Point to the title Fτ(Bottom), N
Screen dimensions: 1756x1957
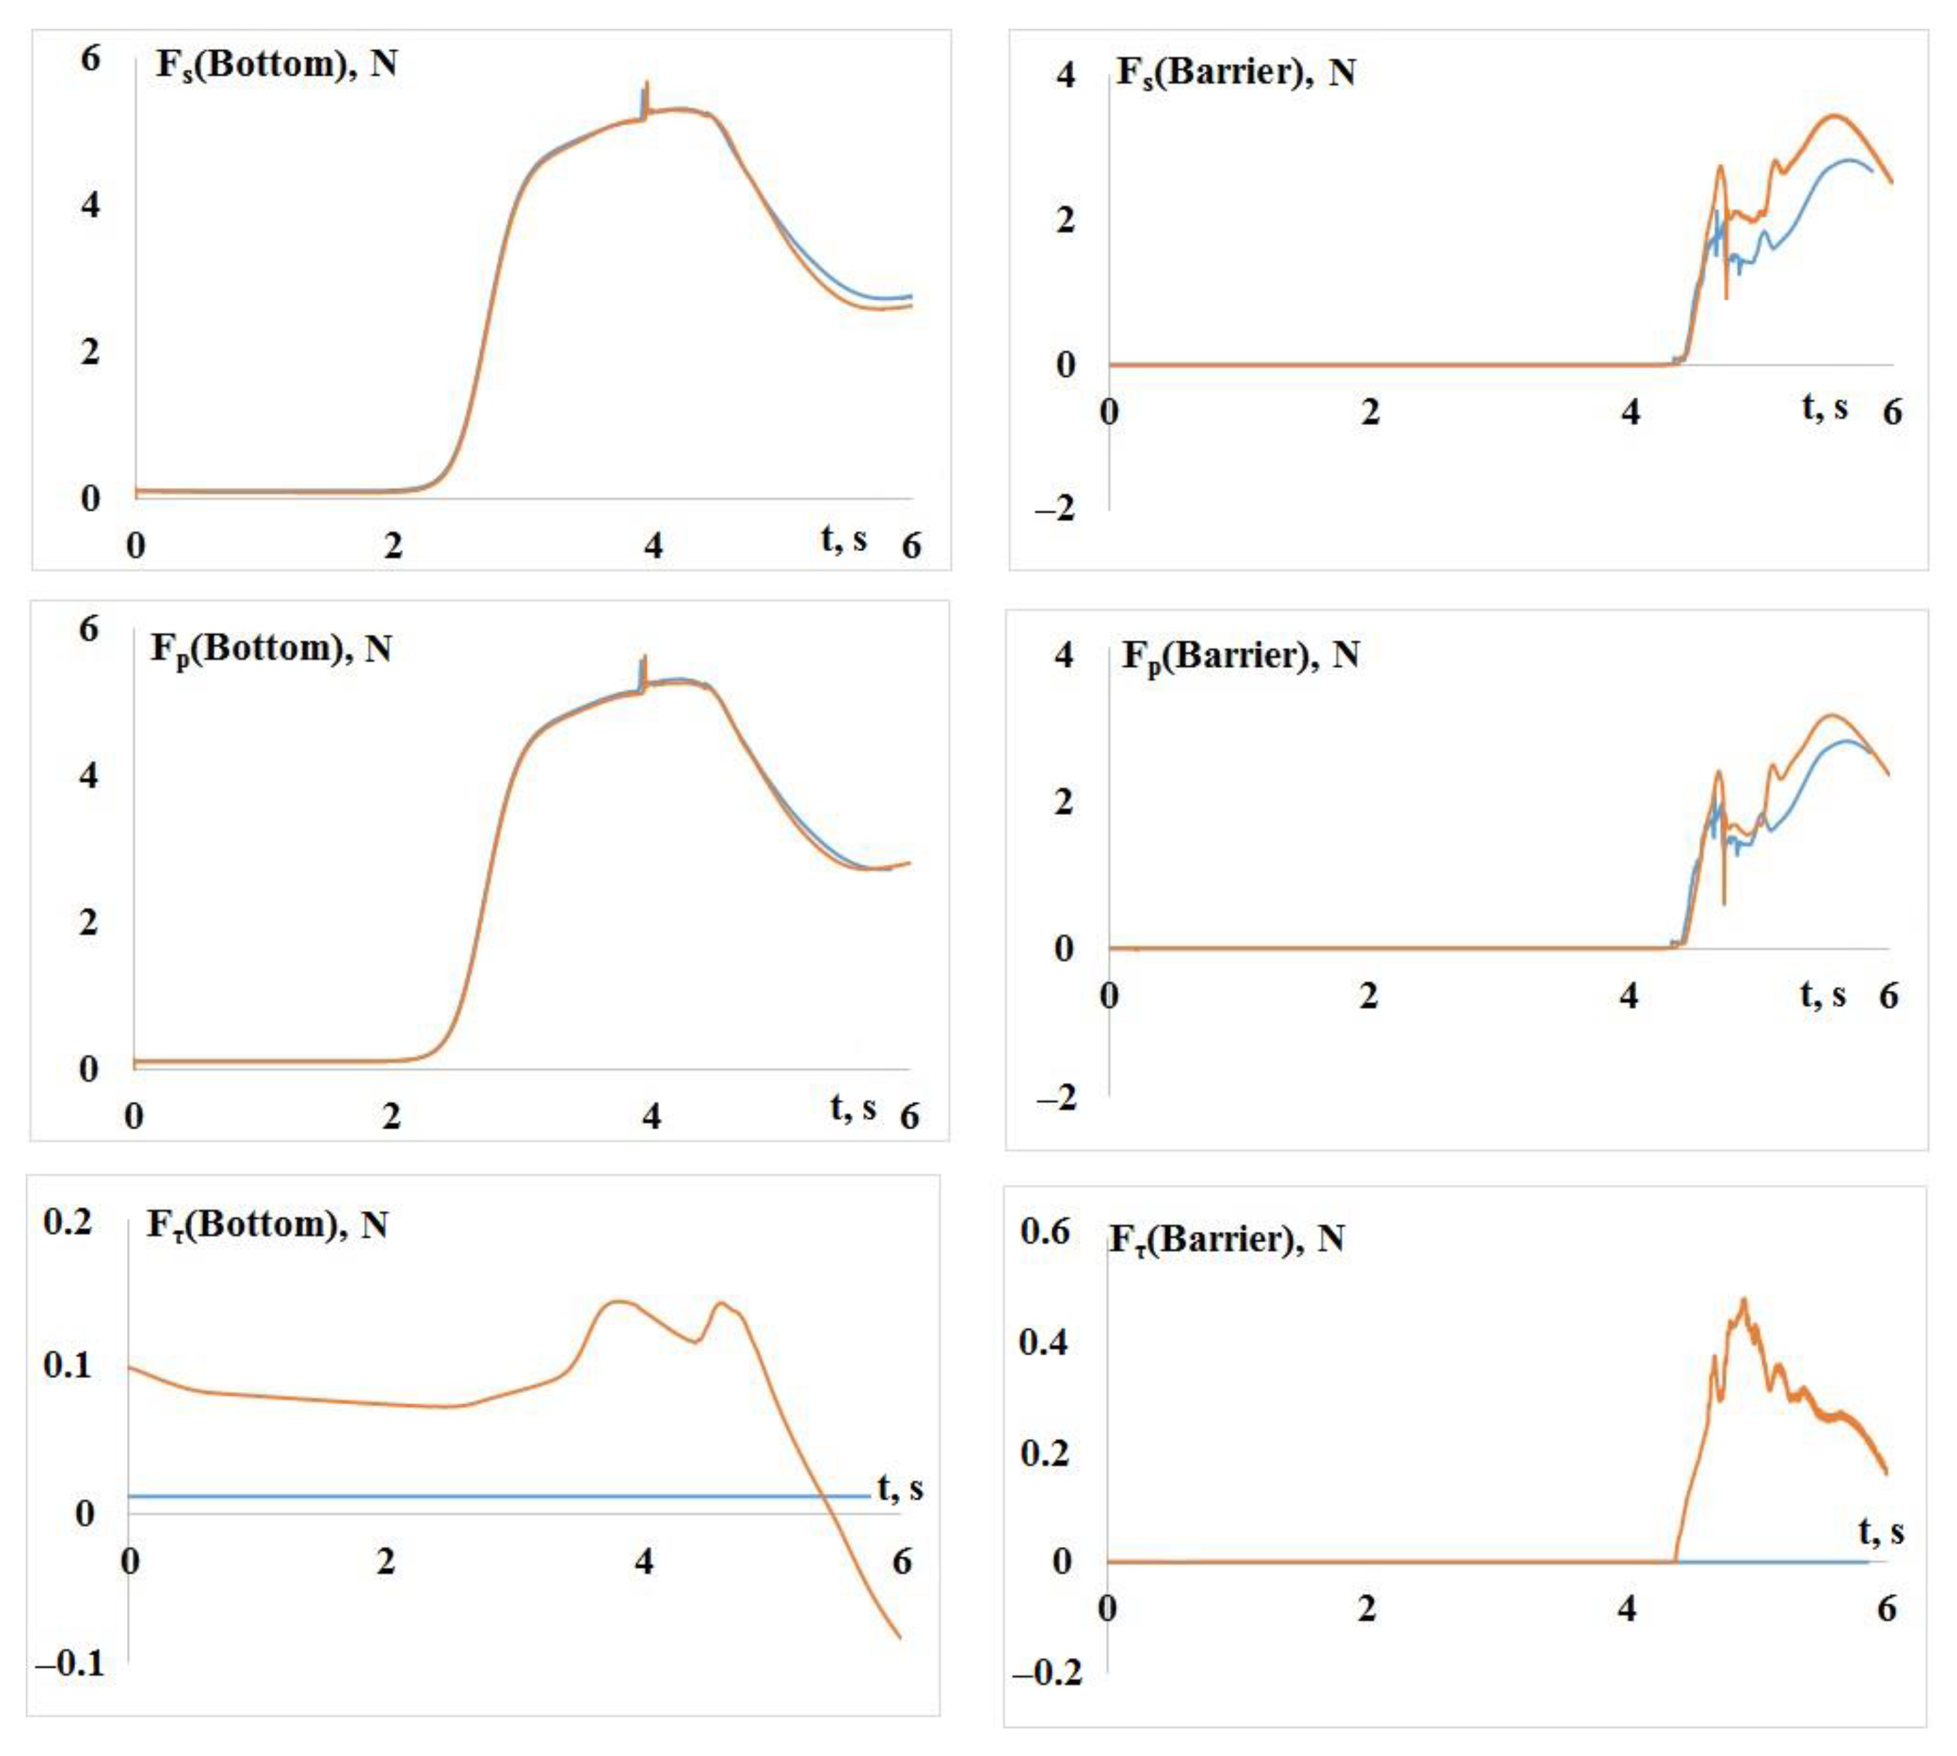267,1225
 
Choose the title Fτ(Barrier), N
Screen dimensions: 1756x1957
1227,1239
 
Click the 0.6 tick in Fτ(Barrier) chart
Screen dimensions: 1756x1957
1044,1232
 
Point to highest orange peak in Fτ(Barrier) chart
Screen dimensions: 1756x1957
1743,1300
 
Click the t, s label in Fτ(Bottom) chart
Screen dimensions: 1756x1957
900,1488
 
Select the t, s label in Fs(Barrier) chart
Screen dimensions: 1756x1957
1825,407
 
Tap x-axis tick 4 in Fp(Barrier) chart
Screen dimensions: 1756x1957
1629,995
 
